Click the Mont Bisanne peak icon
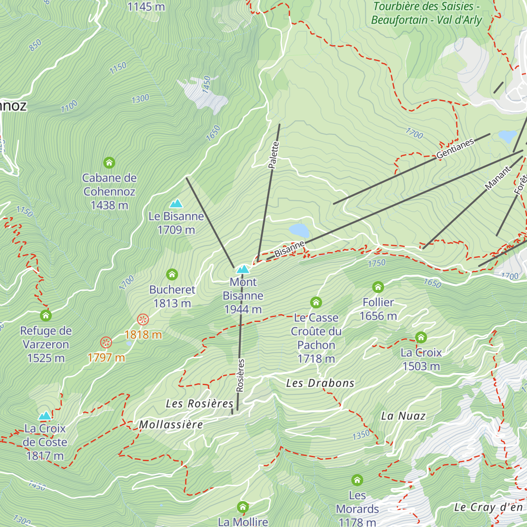pos(243,269)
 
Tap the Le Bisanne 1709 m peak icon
pos(176,203)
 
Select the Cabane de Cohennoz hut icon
pos(109,163)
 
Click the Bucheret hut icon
pos(172,275)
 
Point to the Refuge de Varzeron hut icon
pos(46,316)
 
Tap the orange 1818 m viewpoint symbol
pos(143,320)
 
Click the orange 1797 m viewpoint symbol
pos(106,343)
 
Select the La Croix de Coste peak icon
pos(45,415)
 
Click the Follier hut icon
pos(378,287)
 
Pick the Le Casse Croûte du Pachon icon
pos(316,303)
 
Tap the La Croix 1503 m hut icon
pos(421,337)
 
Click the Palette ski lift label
pos(273,155)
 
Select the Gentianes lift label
pos(455,148)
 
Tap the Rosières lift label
pos(240,375)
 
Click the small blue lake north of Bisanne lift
pos(299,230)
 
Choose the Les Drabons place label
pos(320,383)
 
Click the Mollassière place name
pos(171,425)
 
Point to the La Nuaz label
pos(403,416)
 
